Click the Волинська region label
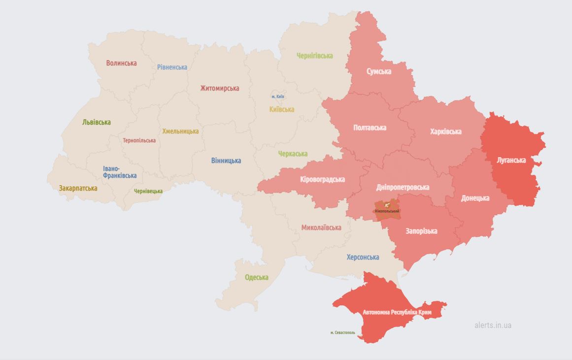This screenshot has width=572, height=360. (121, 63)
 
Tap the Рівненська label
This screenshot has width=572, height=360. (172, 67)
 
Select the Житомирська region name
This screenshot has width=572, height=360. (219, 88)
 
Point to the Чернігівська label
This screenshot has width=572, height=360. (314, 56)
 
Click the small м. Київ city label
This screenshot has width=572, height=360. (277, 97)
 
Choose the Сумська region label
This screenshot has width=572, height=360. (379, 71)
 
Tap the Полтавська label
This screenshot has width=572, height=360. (370, 128)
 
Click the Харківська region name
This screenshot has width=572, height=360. (445, 131)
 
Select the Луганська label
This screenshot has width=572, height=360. (511, 160)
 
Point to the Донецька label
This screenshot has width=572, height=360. (475, 198)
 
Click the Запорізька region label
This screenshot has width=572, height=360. (421, 231)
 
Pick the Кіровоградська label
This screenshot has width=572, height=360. (322, 179)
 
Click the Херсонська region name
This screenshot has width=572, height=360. (363, 257)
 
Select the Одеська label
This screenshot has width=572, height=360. (257, 277)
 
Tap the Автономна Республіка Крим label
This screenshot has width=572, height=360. (397, 312)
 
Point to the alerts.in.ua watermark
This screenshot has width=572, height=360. (493, 325)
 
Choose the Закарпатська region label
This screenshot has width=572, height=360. (78, 188)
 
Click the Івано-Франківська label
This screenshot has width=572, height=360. (120, 172)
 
